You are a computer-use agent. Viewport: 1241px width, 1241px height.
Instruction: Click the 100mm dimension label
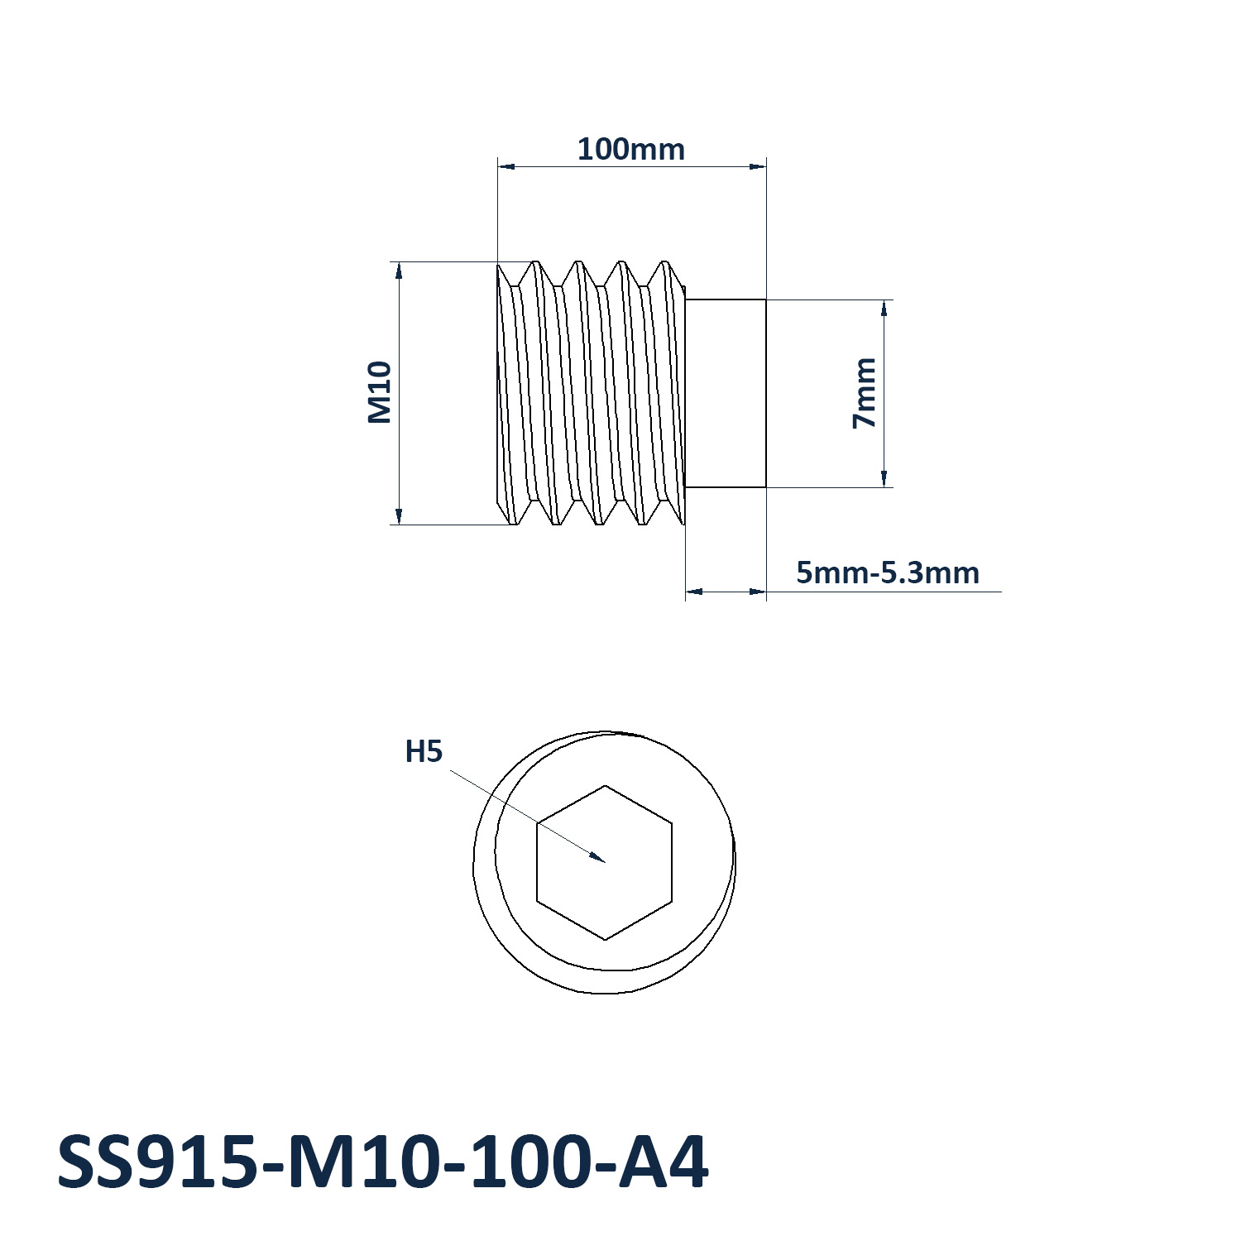630,150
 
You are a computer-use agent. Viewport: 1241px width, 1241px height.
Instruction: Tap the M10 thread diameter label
379,392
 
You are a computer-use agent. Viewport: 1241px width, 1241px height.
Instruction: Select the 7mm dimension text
864,393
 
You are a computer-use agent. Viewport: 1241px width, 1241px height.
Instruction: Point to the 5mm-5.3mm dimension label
888,573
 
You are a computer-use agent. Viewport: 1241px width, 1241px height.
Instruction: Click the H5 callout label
424,752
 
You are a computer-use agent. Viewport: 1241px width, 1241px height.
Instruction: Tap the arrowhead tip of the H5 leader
605,862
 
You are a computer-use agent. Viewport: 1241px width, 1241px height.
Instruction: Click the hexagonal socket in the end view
605,862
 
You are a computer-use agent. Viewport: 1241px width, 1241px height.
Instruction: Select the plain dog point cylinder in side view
726,394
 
